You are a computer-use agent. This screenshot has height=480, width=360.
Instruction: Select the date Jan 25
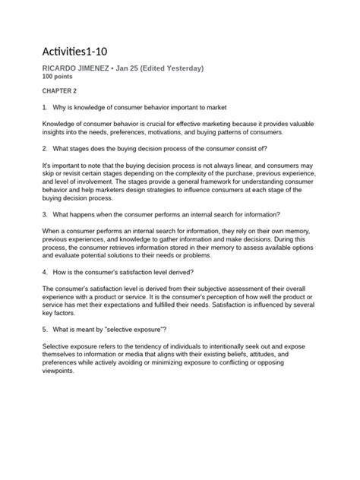pyautogui.click(x=145, y=69)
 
